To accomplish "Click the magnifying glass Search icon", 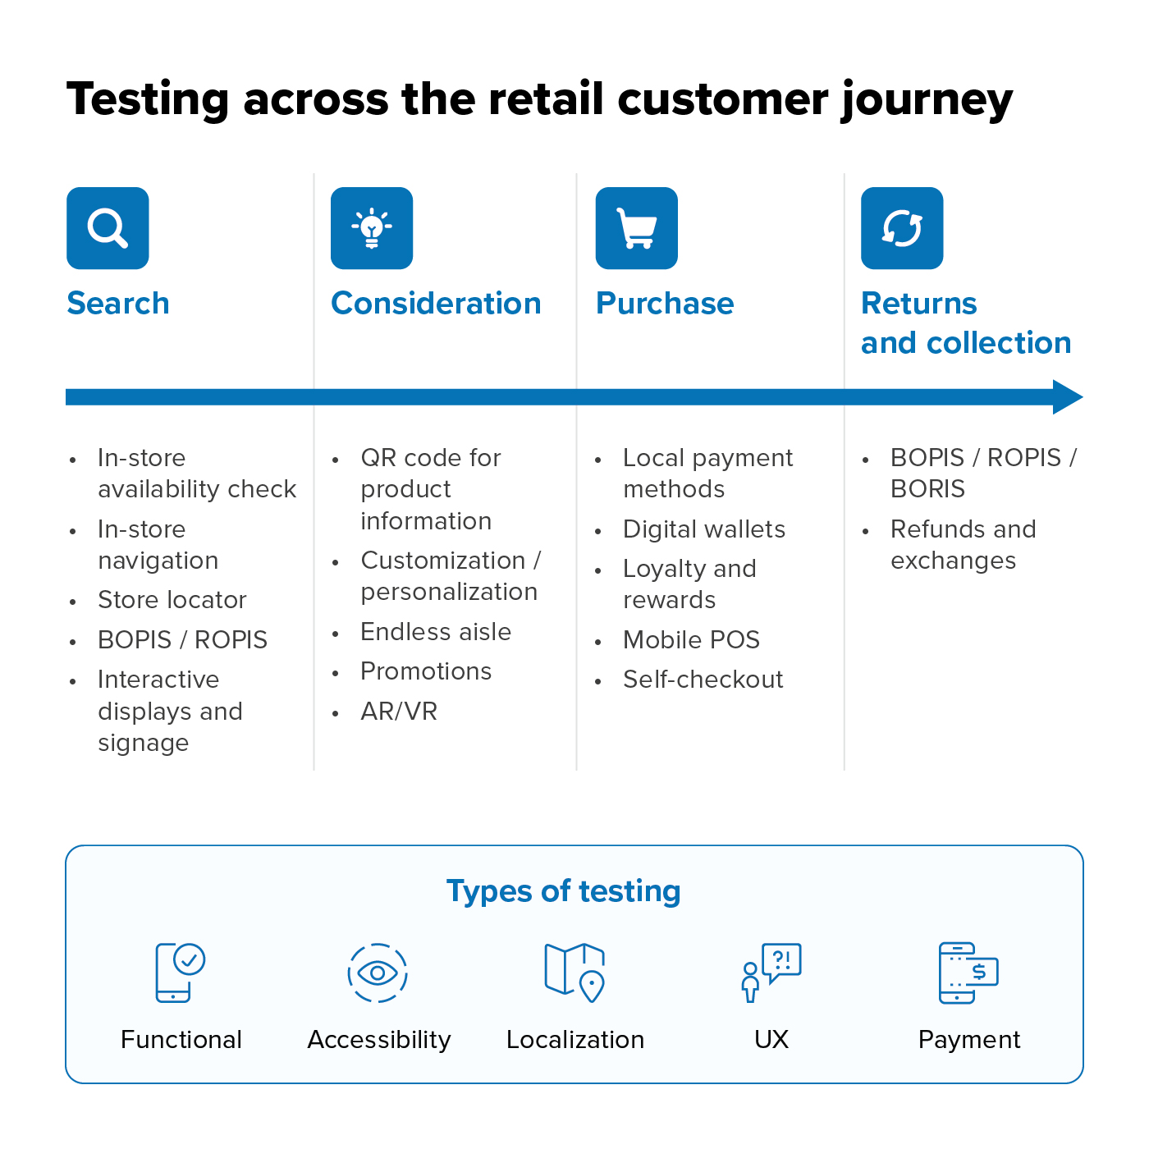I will coord(108,228).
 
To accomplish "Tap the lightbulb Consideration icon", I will coord(372,228).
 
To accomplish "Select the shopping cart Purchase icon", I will coord(637,228).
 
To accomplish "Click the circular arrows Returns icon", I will coord(902,228).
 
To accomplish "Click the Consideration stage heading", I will coord(436,304).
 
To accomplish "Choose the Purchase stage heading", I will coord(665,304).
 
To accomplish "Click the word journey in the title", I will coord(927,100).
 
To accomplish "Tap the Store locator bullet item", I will coord(172,600).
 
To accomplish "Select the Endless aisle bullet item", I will coord(436,632).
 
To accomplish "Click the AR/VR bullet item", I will coord(399,712).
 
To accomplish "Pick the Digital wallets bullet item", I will coord(704,529).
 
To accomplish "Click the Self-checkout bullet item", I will coord(703,680).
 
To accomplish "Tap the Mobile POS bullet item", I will coord(691,640).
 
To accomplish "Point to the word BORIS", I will coord(927,489).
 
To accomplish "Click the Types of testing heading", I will coord(564,891).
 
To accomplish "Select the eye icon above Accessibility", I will coord(378,973).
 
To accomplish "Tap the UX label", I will coord(771,1040).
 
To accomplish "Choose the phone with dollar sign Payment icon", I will coord(968,973).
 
